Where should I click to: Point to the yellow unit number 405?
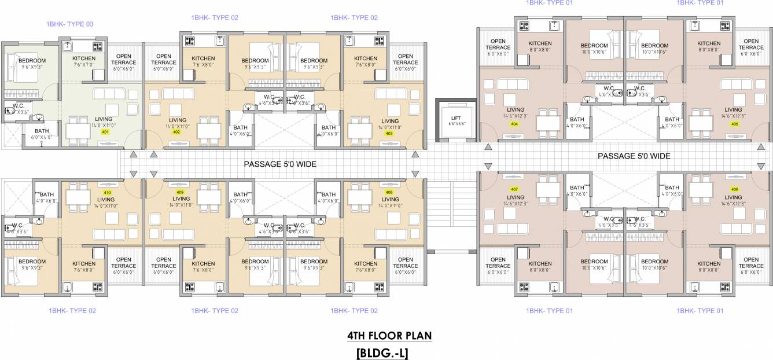point(734,124)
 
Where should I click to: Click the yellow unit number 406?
point(734,190)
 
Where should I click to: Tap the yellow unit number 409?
point(180,192)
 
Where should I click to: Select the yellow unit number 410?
point(106,192)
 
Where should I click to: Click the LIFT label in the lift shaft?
point(455,118)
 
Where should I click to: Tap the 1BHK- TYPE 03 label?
point(70,24)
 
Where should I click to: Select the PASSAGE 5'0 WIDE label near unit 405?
point(634,156)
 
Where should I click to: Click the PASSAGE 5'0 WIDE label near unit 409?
point(279,164)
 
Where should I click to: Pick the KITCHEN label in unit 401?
point(84,58)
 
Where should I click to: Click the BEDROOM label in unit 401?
point(32,61)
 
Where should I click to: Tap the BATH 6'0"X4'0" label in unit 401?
point(42,131)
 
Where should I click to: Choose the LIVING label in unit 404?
point(515,109)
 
